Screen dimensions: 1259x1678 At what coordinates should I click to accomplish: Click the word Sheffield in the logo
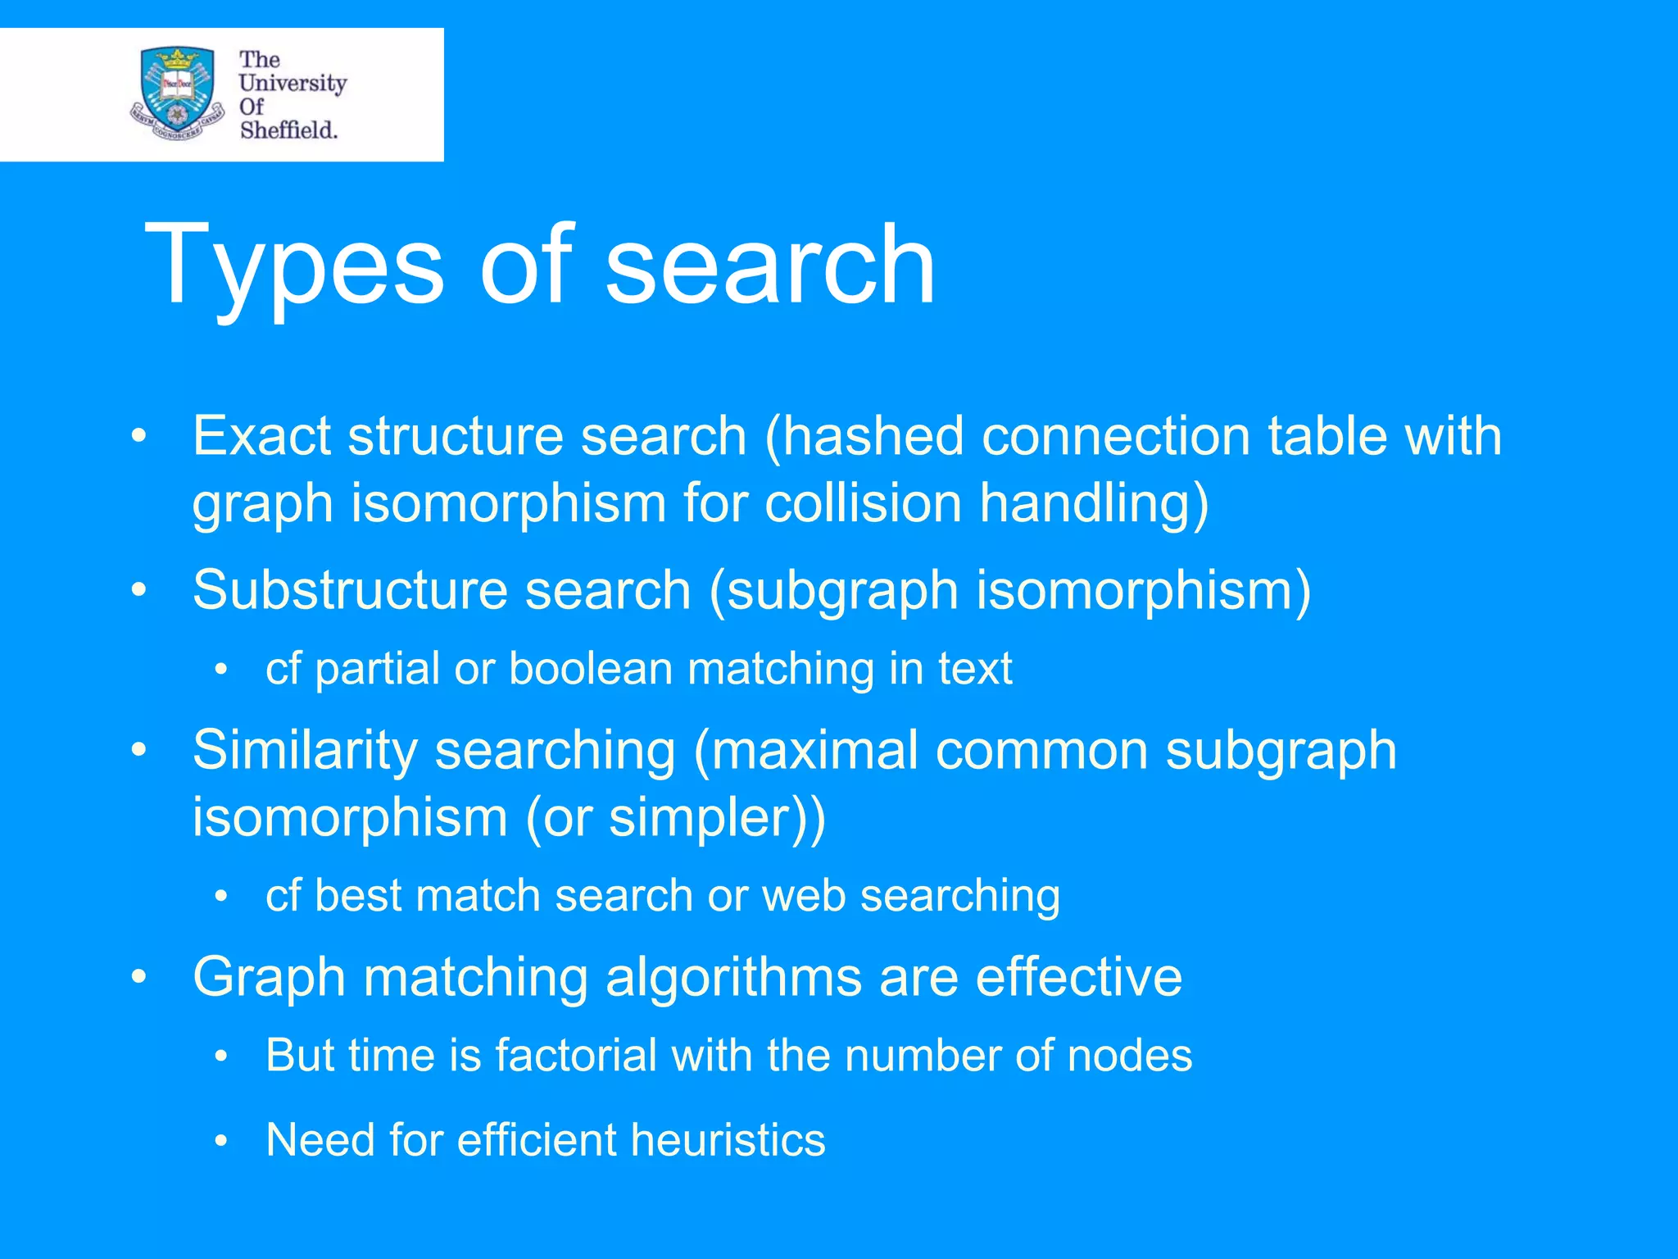[x=288, y=130]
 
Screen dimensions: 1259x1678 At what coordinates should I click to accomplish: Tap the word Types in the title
[x=293, y=266]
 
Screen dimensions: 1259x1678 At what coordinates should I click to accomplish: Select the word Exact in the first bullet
[x=261, y=435]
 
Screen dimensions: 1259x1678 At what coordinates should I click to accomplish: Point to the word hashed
[x=873, y=435]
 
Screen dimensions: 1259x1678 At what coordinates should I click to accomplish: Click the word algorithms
[x=733, y=976]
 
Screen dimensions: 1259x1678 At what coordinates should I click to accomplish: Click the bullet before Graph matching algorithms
[x=138, y=977]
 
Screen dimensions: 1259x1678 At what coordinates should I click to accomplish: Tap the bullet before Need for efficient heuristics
[x=220, y=1141]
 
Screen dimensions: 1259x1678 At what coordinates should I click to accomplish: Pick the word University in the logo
[x=293, y=84]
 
